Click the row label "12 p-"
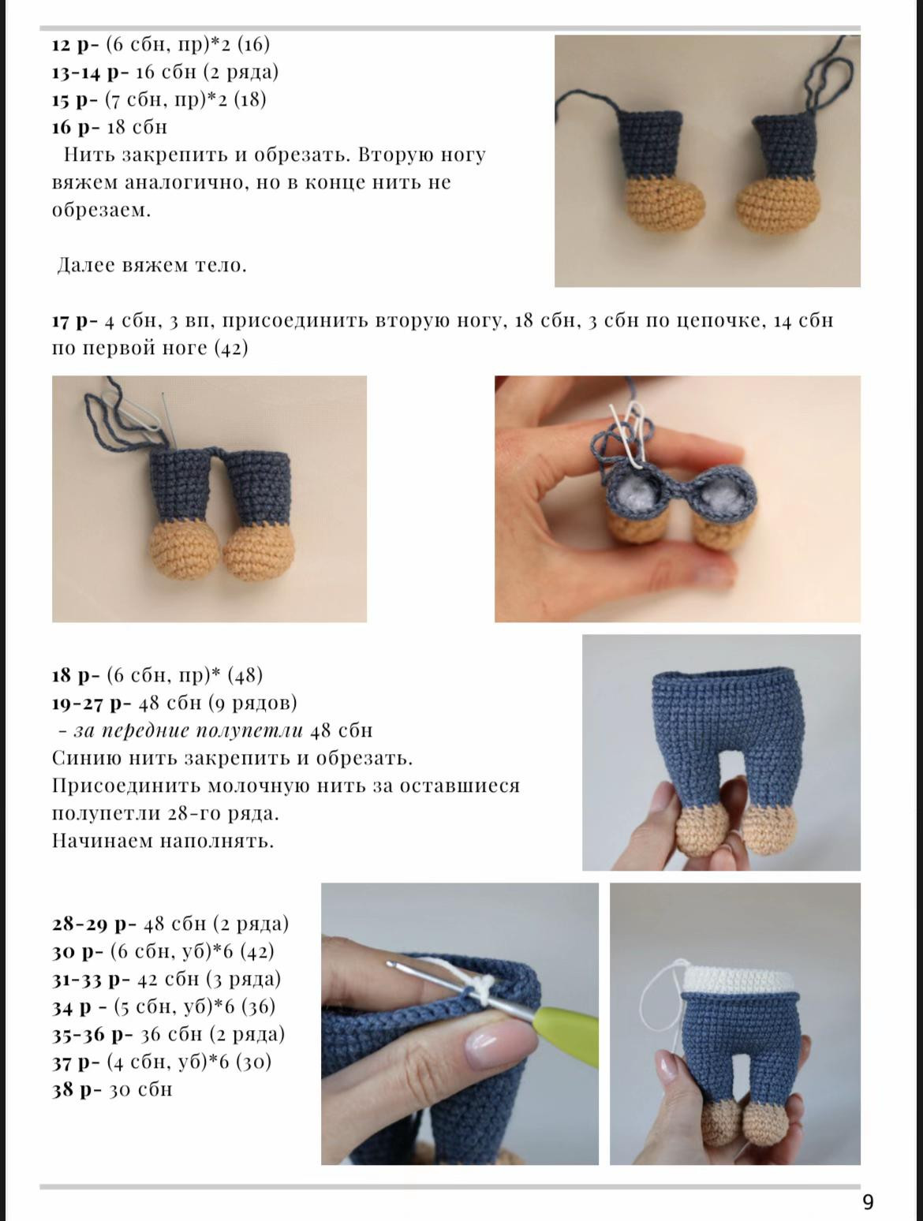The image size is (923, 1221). pyautogui.click(x=76, y=44)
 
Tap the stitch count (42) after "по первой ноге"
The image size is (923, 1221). pyautogui.click(x=231, y=348)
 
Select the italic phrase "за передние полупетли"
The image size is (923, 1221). pyautogui.click(x=189, y=730)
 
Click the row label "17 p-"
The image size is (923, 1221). pyautogui.click(x=75, y=321)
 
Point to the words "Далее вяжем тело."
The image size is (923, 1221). pyautogui.click(x=152, y=265)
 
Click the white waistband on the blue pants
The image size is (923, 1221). pyautogui.click(x=737, y=980)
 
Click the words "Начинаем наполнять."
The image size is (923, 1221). pyautogui.click(x=163, y=841)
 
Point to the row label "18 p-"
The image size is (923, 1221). pyautogui.click(x=76, y=675)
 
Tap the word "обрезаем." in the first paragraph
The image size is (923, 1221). pyautogui.click(x=101, y=211)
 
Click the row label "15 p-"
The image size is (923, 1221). pyautogui.click(x=75, y=100)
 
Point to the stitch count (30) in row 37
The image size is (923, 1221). pyautogui.click(x=254, y=1062)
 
